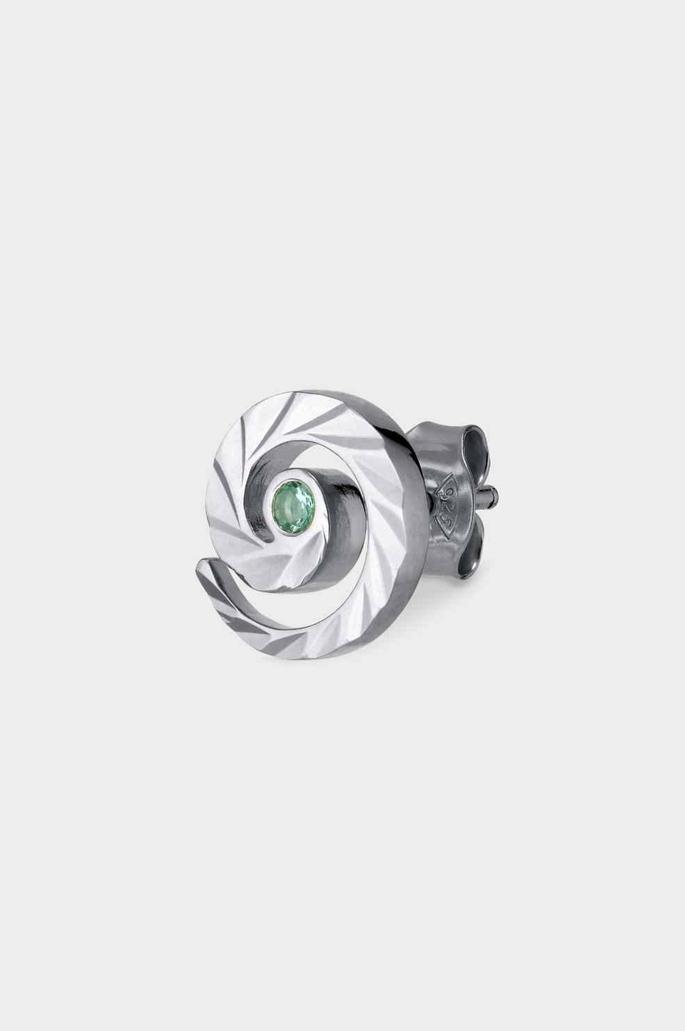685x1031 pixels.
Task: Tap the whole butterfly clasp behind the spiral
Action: (459, 501)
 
